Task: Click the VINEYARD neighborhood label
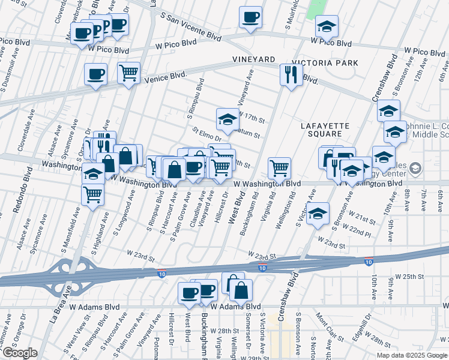pyautogui.click(x=254, y=59)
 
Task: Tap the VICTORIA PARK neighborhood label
pyautogui.click(x=325, y=63)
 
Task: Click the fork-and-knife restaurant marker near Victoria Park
pyautogui.click(x=291, y=75)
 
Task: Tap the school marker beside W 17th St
pyautogui.click(x=228, y=119)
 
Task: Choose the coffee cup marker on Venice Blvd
pyautogui.click(x=95, y=75)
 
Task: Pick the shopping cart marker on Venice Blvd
pyautogui.click(x=128, y=73)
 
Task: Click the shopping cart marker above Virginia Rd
pyautogui.click(x=279, y=168)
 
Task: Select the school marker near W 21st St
pyautogui.click(x=318, y=213)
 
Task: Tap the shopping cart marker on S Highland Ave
pyautogui.click(x=93, y=194)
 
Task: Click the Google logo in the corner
pyautogui.click(x=20, y=353)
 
